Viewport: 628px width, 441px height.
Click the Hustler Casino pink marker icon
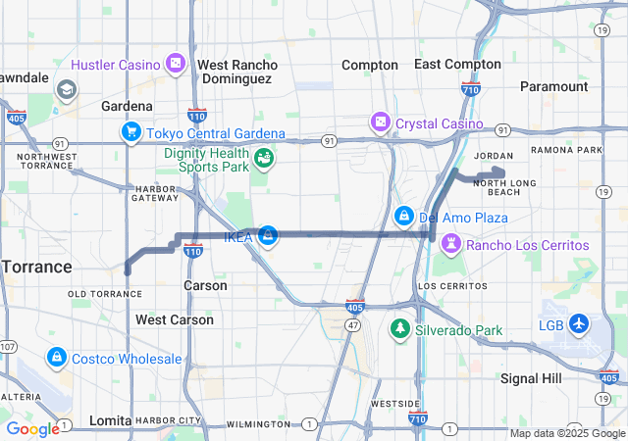175,65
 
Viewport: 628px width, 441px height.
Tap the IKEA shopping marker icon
267,234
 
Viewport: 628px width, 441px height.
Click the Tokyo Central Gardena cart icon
131,132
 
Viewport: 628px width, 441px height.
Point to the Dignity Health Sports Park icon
263,158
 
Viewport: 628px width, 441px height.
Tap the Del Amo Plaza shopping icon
403,216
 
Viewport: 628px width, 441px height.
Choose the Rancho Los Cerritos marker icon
450,244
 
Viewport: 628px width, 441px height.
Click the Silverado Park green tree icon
399,330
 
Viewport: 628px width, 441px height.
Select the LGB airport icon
578,323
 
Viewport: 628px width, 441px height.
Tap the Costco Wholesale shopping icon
56,359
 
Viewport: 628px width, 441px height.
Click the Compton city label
370,65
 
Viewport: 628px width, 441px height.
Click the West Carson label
175,319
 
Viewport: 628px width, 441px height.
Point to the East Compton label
457,64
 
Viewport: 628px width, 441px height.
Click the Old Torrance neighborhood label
105,294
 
